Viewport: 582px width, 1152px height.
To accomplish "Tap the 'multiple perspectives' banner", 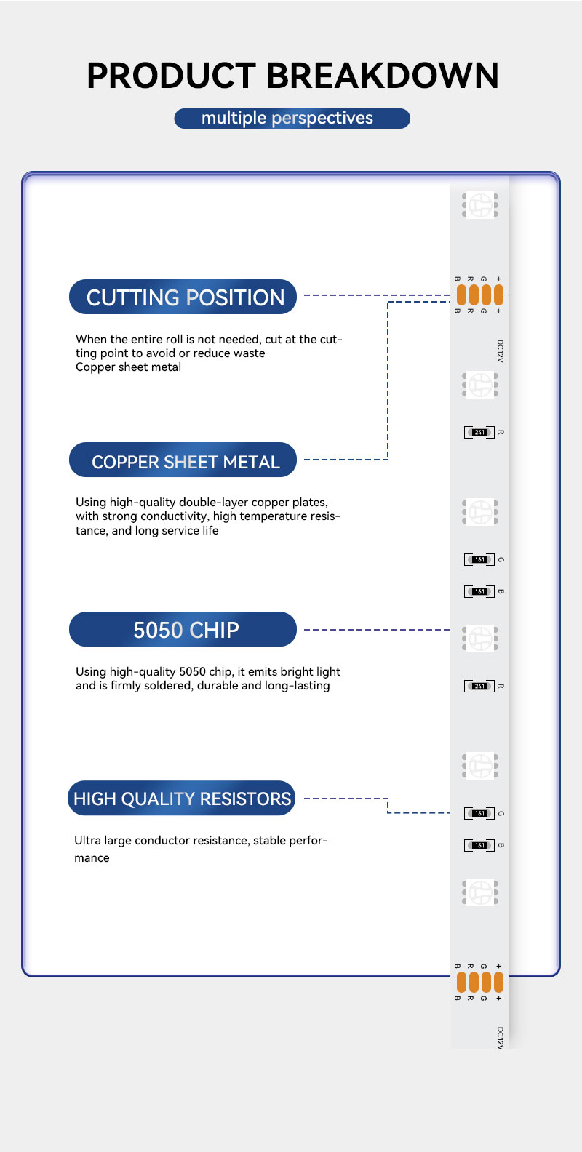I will [292, 119].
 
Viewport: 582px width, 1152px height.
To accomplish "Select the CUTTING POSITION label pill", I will [183, 297].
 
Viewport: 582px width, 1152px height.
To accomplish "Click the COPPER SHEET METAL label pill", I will [183, 461].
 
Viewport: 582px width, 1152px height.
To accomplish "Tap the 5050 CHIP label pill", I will [183, 630].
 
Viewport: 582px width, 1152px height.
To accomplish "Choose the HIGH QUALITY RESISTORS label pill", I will [182, 799].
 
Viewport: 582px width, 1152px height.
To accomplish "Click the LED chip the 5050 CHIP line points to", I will [480, 638].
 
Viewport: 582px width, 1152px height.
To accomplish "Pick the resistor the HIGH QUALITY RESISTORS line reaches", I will [479, 814].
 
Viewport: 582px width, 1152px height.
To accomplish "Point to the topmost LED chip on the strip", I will [480, 205].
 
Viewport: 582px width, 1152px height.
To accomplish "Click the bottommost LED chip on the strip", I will [480, 892].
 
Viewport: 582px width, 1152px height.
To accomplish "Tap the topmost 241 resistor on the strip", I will [479, 433].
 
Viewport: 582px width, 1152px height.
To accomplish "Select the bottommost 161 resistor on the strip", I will [479, 846].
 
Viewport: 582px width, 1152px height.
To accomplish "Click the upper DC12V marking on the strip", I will [500, 351].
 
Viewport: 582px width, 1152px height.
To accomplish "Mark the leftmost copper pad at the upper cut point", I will [461, 295].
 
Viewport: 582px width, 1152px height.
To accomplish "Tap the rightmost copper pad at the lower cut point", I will [498, 983].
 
